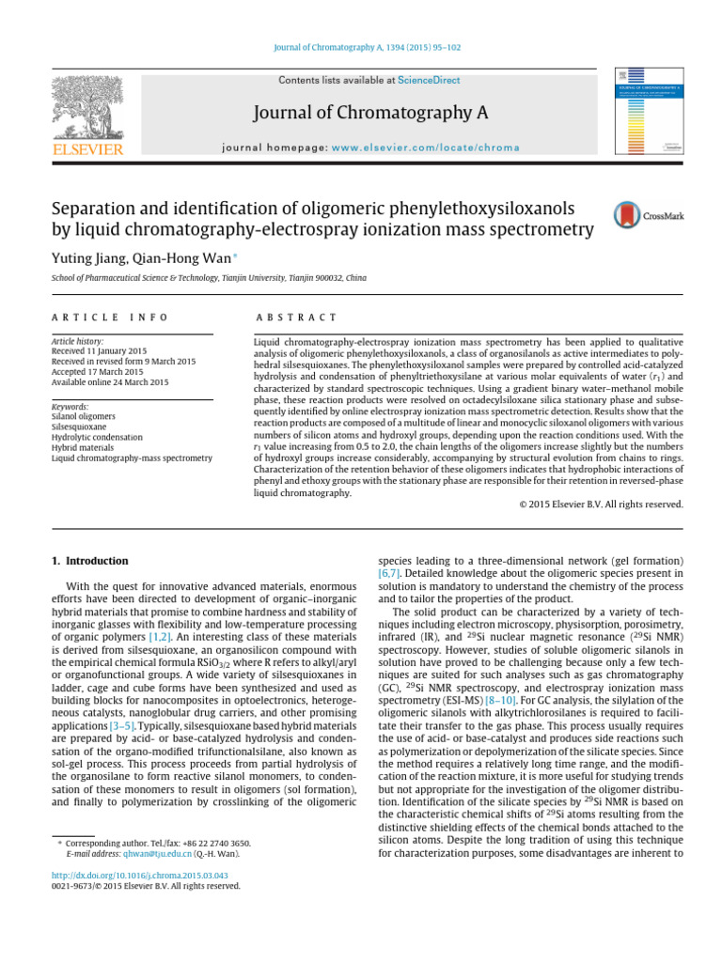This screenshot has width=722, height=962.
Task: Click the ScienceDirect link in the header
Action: (x=428, y=82)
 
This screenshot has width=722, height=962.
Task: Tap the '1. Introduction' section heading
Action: (x=89, y=561)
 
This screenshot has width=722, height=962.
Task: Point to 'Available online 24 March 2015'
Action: (x=110, y=382)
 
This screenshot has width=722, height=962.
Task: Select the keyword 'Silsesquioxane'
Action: (x=81, y=427)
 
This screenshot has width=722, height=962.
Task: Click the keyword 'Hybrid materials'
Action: (x=85, y=447)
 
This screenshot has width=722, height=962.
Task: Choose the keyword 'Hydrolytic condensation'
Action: (x=97, y=437)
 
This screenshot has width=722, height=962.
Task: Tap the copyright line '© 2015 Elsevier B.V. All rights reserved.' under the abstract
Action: (x=602, y=504)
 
